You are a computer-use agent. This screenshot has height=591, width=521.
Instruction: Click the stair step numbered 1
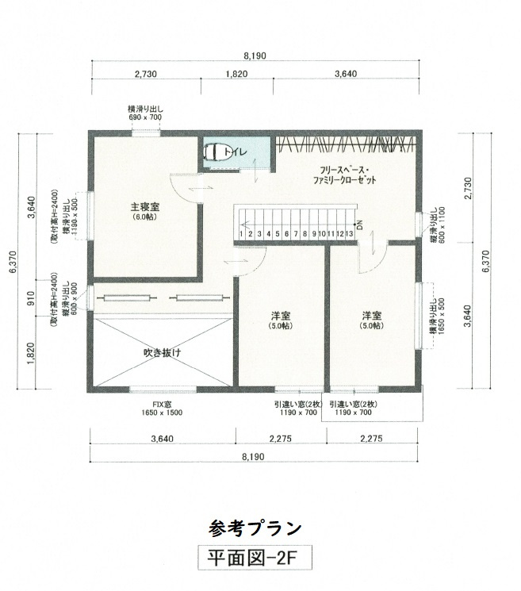pyautogui.click(x=240, y=234)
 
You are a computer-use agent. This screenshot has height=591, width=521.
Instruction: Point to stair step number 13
pyautogui.click(x=349, y=234)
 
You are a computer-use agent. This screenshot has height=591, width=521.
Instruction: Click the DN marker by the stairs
pyautogui.click(x=359, y=225)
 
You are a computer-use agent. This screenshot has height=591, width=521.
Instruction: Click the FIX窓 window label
pyautogui.click(x=163, y=404)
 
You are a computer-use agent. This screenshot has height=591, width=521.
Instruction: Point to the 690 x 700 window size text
pyautogui.click(x=145, y=117)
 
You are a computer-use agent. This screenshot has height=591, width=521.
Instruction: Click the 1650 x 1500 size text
pyautogui.click(x=163, y=413)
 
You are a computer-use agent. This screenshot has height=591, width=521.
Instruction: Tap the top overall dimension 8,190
pyautogui.click(x=255, y=56)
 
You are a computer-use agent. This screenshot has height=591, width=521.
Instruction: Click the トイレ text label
pyautogui.click(x=237, y=151)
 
